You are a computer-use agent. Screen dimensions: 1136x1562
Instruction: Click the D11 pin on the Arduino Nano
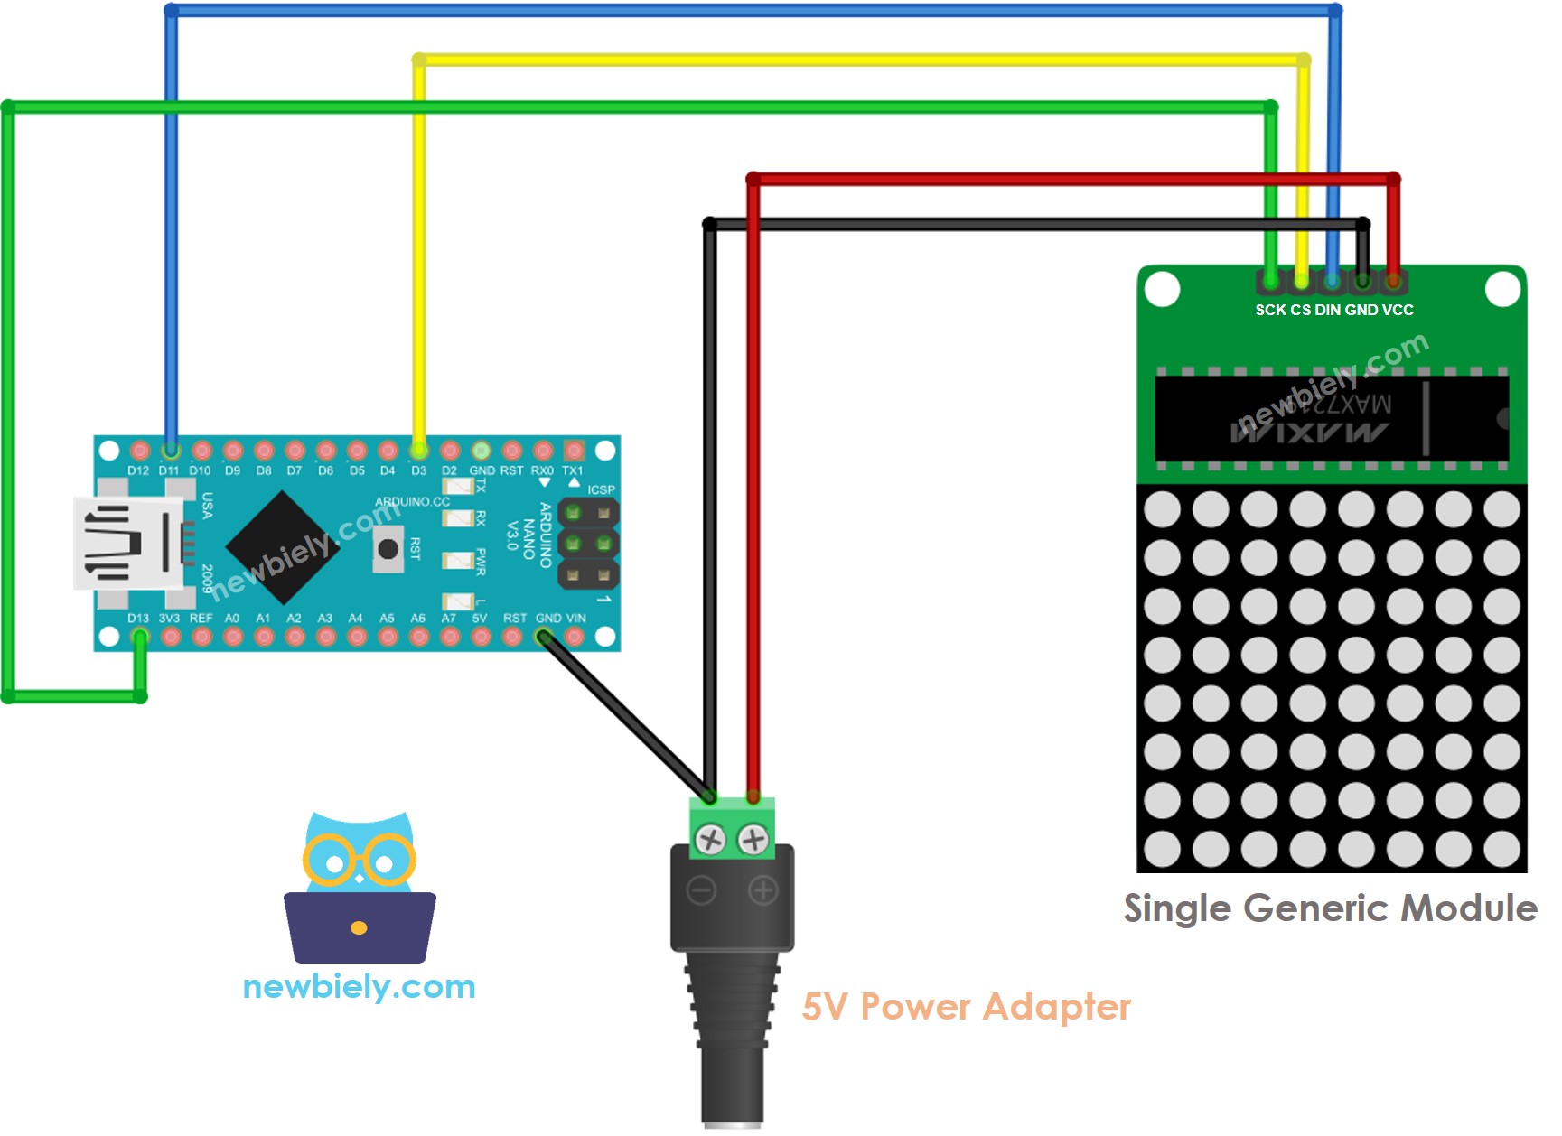170,450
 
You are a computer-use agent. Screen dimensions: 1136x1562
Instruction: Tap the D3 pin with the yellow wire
418,450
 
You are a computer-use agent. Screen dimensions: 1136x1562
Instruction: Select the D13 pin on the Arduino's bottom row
139,637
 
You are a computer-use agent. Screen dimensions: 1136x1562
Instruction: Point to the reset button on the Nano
388,548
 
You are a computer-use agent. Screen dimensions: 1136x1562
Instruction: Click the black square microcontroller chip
283,547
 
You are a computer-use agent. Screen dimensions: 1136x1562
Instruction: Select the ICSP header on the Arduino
588,544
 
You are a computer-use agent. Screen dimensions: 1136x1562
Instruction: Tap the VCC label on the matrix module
1397,310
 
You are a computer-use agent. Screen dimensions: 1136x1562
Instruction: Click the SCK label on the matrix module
1270,310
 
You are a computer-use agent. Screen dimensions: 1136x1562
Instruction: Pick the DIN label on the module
1328,310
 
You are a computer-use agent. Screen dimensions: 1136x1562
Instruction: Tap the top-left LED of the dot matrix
1162,509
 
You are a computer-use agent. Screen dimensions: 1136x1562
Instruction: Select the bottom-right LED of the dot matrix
1501,849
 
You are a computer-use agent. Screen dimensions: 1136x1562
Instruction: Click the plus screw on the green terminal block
753,841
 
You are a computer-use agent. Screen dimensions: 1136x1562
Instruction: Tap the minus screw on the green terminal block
711,841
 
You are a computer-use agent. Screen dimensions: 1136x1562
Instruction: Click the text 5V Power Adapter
966,1006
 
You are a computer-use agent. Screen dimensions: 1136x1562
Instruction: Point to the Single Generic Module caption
1330,908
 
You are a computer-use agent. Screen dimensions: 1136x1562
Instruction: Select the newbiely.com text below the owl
359,986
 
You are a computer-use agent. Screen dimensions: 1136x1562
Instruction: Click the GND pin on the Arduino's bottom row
543,637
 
